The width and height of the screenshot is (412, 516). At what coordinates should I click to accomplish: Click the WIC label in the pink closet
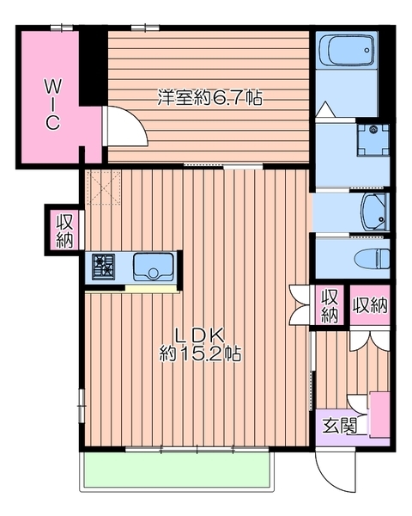[x=52, y=105]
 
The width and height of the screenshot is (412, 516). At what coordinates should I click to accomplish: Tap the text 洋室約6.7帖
[x=210, y=97]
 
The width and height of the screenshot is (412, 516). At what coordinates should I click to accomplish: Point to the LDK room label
[x=200, y=335]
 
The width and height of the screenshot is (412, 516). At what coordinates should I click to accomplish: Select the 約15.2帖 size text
[x=200, y=353]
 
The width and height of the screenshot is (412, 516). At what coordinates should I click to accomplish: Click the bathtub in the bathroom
[x=347, y=51]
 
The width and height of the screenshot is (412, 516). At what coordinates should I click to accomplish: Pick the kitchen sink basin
[x=153, y=267]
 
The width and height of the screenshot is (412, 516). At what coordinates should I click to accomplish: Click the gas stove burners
[x=103, y=267]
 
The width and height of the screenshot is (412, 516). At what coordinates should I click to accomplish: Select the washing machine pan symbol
[x=373, y=140]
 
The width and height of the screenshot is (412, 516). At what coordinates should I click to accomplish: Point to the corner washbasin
[x=375, y=212]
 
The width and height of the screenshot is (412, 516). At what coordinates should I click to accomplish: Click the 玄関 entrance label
[x=339, y=427]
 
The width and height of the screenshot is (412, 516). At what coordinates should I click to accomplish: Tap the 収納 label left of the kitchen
[x=64, y=230]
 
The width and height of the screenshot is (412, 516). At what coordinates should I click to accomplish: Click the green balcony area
[x=177, y=470]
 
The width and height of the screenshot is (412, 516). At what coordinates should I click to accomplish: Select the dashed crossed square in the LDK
[x=104, y=187]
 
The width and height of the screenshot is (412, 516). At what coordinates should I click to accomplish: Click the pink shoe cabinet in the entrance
[x=379, y=415]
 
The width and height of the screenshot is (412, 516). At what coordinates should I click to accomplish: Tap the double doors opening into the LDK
[x=300, y=304]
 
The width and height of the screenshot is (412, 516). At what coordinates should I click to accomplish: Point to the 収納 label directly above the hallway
[x=370, y=305]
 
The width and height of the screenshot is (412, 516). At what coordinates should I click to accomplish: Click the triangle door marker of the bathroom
[x=325, y=109]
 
